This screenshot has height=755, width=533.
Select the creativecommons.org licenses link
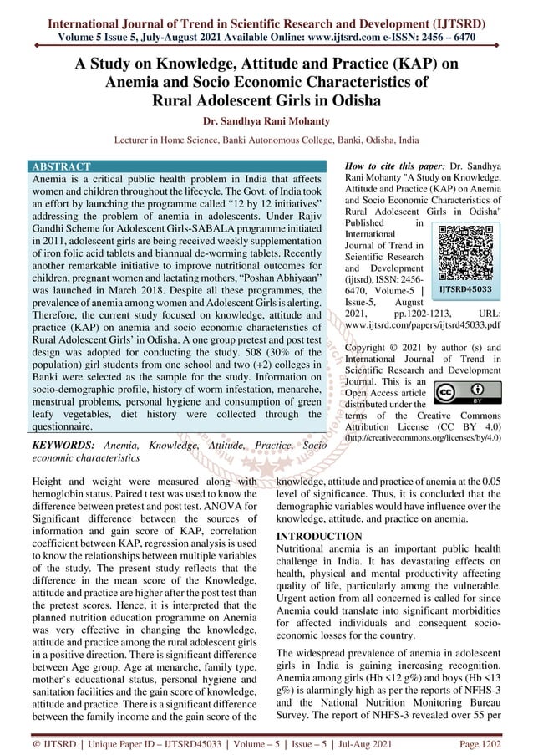[x=424, y=436]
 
